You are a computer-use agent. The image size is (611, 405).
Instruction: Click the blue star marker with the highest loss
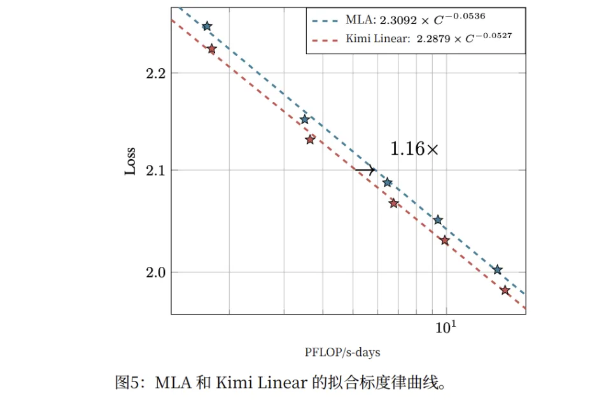(207, 26)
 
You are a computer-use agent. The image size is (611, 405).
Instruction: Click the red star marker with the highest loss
(212, 49)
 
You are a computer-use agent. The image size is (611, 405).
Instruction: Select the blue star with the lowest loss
(498, 270)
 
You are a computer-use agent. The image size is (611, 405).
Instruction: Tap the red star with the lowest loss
(505, 290)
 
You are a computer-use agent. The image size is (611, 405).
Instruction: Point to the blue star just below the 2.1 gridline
(388, 182)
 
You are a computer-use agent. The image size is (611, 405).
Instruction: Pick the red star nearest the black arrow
(394, 203)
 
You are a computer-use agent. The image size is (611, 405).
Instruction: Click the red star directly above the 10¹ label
(445, 241)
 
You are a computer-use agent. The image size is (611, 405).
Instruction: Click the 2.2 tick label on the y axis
(155, 73)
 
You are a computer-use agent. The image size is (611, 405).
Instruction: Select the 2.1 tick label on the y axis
(155, 170)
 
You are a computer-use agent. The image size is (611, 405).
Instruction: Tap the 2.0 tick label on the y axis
(155, 273)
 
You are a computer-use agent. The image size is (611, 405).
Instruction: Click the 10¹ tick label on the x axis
(446, 327)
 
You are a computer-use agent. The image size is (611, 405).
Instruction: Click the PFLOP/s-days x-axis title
(342, 352)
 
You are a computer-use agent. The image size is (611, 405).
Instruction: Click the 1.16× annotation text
(414, 149)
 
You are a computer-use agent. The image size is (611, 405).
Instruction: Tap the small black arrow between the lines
(365, 169)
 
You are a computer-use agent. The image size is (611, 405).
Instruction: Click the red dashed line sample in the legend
(326, 39)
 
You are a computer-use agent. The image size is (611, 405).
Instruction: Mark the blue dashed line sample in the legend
(326, 20)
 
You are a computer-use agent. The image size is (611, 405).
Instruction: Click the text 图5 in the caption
(127, 383)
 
